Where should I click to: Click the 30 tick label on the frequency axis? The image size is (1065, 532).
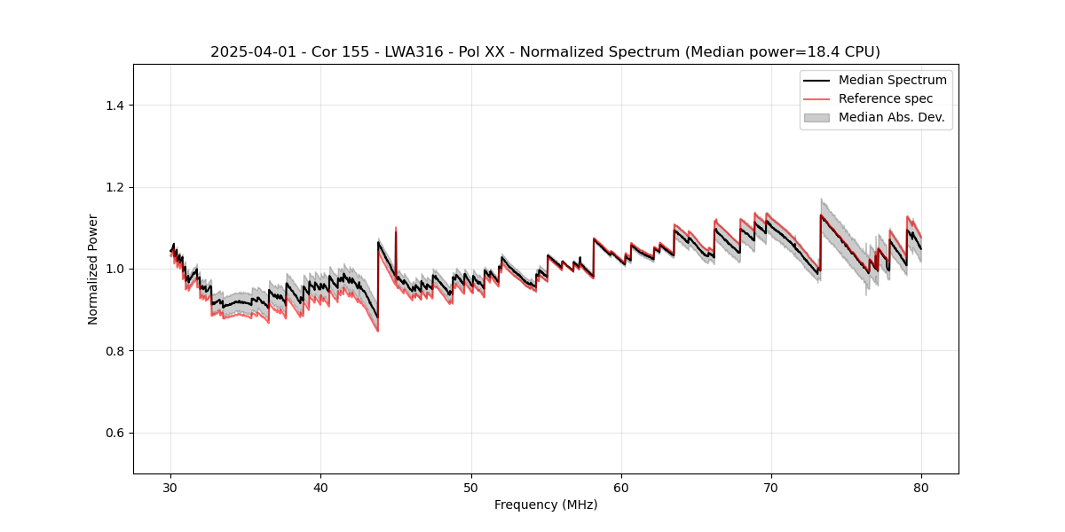point(171,487)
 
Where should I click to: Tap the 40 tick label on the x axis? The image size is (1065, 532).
point(321,487)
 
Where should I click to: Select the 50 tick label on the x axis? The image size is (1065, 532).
point(471,487)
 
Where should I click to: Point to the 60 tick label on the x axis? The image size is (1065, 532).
point(621,487)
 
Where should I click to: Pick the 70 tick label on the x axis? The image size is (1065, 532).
point(771,487)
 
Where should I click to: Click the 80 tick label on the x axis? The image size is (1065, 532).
point(921,487)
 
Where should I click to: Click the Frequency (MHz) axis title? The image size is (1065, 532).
point(546,505)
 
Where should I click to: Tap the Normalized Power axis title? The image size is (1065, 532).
point(93,269)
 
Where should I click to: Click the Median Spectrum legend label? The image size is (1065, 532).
point(892,80)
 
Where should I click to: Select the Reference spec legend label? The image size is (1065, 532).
point(886,98)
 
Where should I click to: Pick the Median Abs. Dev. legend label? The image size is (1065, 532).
point(891,117)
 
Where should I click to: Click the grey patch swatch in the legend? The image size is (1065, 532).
point(816,117)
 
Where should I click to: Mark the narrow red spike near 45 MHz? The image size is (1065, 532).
point(396,232)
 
